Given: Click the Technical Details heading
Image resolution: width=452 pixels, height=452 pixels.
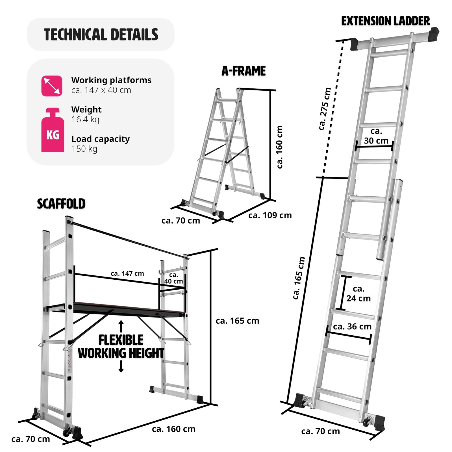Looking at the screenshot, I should point(101,34).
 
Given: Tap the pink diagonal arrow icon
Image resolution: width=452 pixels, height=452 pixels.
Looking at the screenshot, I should point(52,86).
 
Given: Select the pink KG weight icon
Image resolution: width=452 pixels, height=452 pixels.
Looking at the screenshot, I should point(53,131).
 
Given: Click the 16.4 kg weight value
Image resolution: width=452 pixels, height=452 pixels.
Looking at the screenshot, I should point(85,119).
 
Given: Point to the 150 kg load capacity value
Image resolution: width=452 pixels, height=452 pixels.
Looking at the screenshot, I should point(84,149).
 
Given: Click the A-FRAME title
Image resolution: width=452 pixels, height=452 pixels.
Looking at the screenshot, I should point(244,71).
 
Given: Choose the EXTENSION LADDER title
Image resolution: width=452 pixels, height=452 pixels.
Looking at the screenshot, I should point(385,21).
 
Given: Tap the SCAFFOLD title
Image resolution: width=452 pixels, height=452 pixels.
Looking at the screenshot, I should point(61,204).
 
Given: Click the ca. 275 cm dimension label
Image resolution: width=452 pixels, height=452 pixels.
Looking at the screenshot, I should point(325,109).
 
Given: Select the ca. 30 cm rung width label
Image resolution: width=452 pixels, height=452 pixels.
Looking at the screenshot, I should point(376,136).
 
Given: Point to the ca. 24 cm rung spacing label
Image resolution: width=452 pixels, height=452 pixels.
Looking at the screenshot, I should point(358,294).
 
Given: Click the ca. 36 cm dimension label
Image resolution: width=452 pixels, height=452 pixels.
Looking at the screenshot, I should point(352,327).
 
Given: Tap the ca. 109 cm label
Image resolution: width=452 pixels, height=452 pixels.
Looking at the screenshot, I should point(270,215).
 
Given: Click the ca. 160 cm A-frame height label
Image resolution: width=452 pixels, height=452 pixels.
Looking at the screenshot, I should point(279,147).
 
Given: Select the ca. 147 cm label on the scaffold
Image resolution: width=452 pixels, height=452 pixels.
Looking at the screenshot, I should point(127,273).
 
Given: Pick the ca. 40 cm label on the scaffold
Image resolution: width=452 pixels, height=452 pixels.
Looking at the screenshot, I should point(173,278).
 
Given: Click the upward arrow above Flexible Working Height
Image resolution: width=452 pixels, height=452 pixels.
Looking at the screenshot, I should point(121,326).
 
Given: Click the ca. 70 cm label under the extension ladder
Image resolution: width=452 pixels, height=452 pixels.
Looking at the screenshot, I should point(320,431).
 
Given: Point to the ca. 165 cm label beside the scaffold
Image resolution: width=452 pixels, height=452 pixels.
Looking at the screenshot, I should point(237,321).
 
